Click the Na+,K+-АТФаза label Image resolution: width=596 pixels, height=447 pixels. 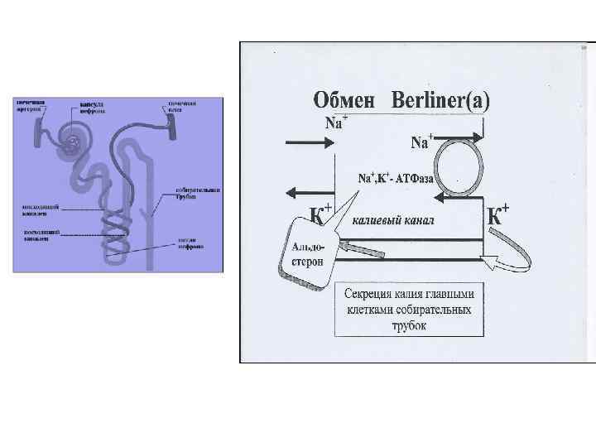pos(396,177)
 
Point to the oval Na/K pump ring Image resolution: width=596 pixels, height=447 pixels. pos(460,167)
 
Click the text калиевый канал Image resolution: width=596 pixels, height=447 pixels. pos(393,221)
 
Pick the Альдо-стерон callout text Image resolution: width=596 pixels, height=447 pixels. pos(308,254)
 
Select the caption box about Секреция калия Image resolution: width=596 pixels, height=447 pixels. pos(410,310)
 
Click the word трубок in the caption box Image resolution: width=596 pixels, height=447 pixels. pos(410,325)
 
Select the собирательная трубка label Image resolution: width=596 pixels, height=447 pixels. pos(197,194)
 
